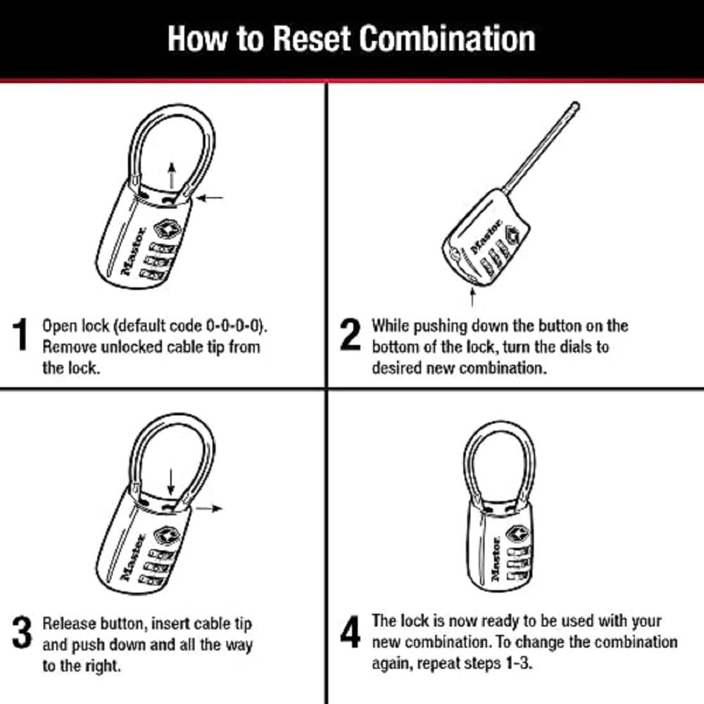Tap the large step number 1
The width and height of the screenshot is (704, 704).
click(22, 335)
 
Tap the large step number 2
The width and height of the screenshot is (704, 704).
click(350, 335)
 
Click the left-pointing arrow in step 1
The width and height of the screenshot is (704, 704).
click(210, 199)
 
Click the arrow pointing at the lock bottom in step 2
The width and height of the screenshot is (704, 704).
click(472, 296)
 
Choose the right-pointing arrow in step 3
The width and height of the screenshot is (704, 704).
click(210, 508)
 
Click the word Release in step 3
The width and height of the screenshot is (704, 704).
click(68, 624)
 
